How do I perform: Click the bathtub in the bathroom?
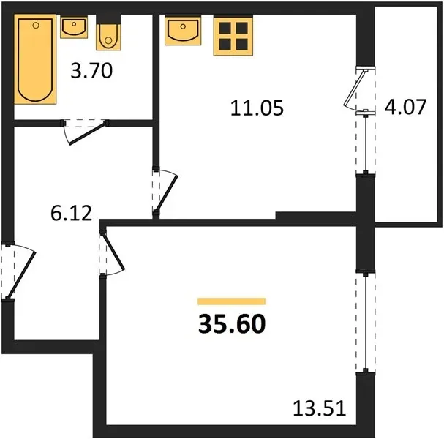[35, 59]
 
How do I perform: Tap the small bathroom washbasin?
[74, 27]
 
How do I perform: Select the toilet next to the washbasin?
[108, 37]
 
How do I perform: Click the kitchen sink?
[183, 31]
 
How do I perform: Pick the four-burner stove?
[233, 36]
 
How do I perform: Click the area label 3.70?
[91, 71]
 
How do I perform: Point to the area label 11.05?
[257, 108]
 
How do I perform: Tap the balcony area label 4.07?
[405, 107]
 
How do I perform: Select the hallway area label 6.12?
[72, 213]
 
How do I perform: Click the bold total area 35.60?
[232, 324]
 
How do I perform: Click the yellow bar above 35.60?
[232, 301]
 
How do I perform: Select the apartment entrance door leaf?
[21, 274]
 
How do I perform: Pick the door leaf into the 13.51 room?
[113, 251]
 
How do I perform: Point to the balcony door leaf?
[354, 88]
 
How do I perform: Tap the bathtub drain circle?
[36, 26]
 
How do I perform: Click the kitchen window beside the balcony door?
[366, 143]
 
